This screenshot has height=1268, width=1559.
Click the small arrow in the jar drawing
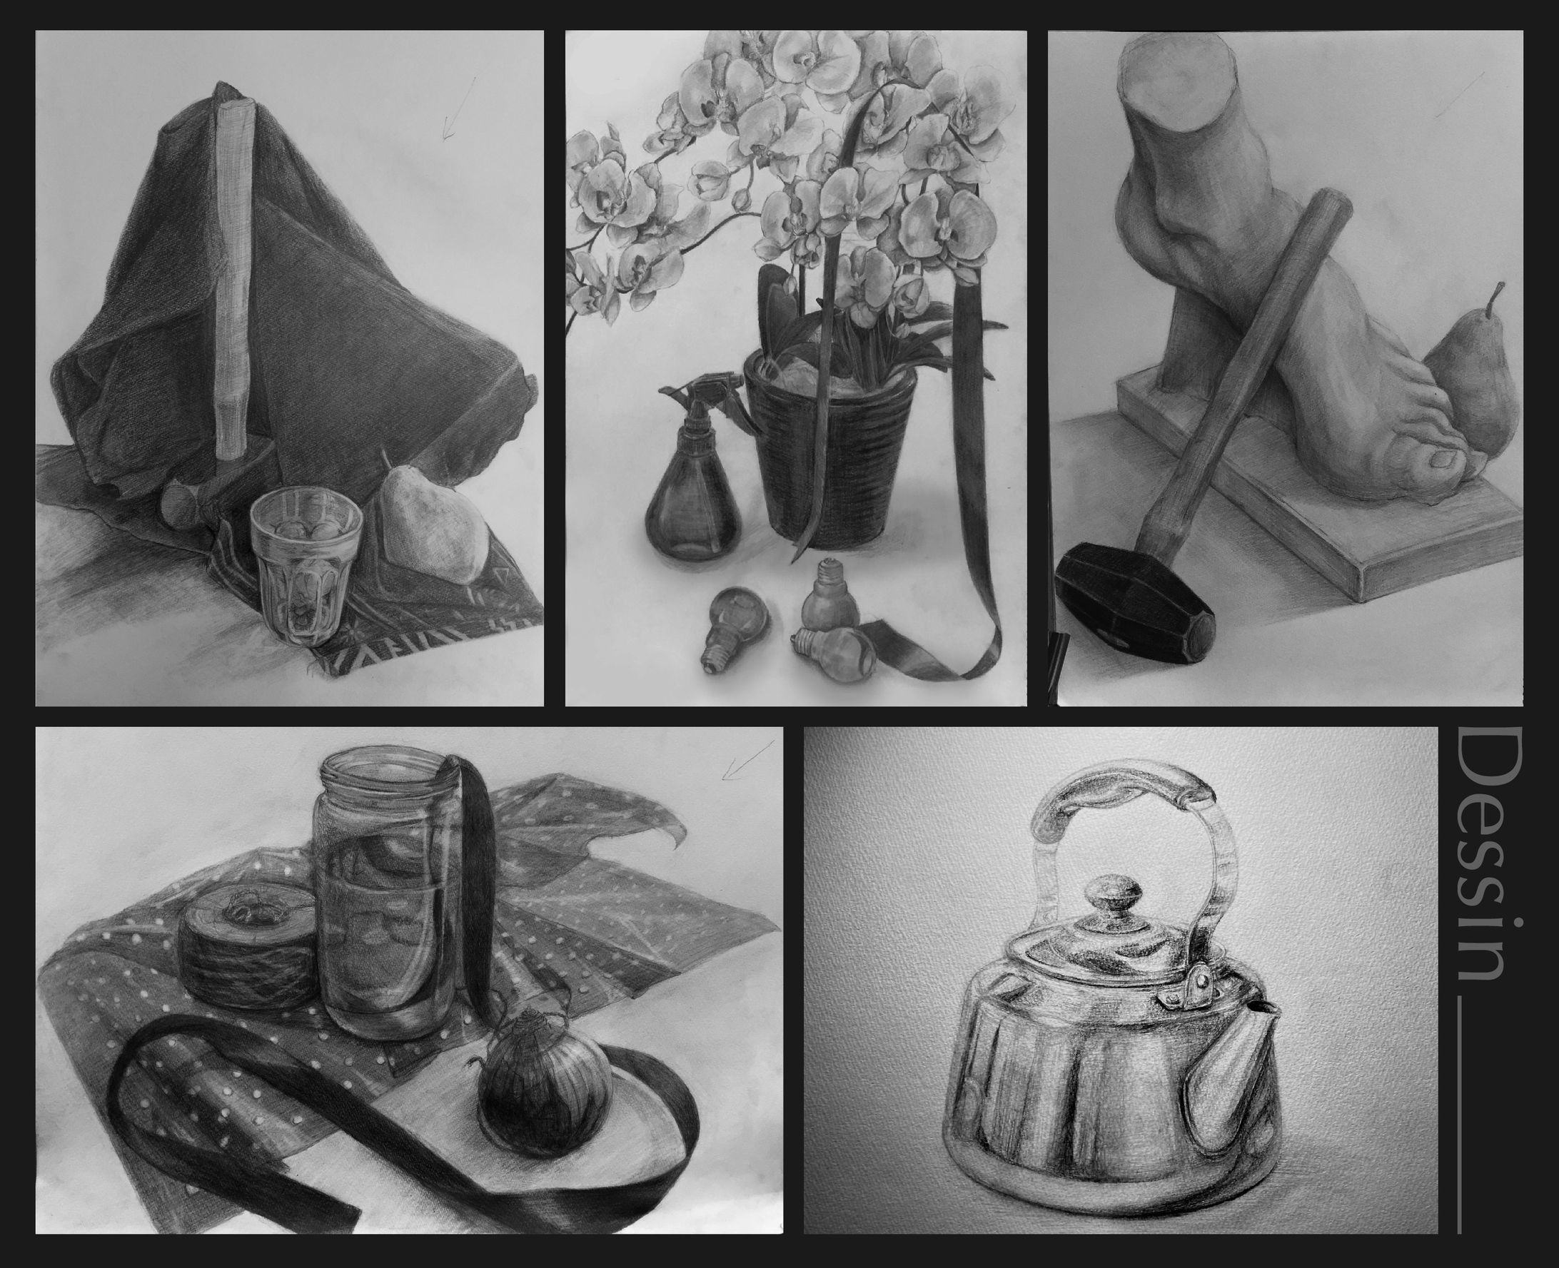pos(747,760)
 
